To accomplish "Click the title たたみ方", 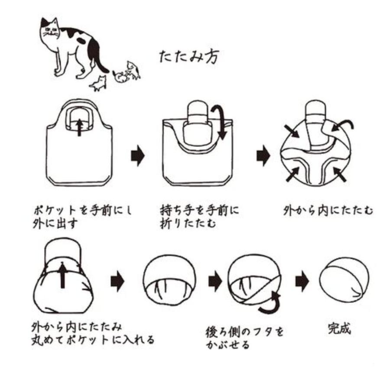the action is coord(189,57).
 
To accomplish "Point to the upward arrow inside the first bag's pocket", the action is coord(79,127).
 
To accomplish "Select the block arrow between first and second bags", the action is coord(138,156).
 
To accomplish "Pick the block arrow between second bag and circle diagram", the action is coord(263,156).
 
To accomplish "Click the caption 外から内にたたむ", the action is coord(328,211).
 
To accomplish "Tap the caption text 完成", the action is coord(339,328).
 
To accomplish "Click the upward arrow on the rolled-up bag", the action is coord(62,276).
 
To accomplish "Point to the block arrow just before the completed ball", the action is coord(302,282).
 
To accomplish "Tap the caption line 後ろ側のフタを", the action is coord(245,332).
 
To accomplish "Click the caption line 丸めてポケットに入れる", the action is coord(93,340).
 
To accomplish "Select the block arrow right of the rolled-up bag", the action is coord(117,282).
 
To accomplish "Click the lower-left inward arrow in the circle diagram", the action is coord(293,174).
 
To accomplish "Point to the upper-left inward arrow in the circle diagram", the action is coord(292,131).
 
